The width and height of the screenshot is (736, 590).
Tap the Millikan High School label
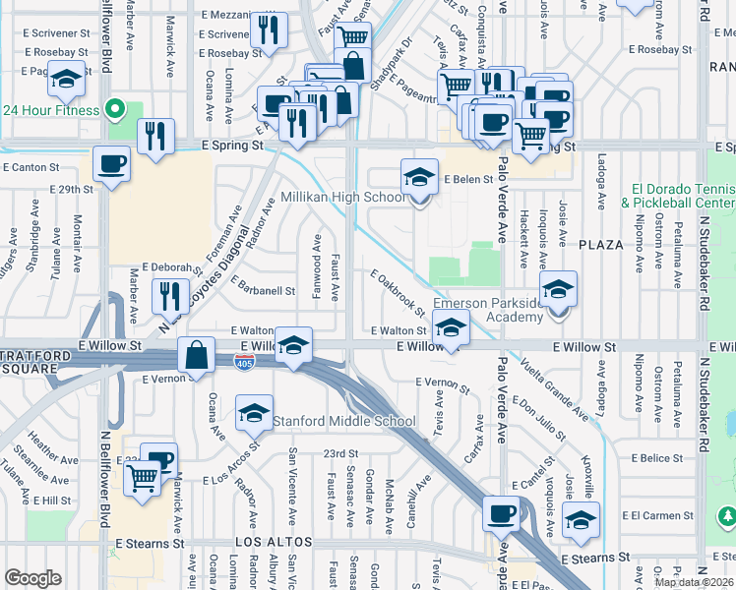click(x=343, y=198)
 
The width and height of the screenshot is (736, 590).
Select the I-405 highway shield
click(x=242, y=364)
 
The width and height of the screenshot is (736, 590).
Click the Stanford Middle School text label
click(x=343, y=422)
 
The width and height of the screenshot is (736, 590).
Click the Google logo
click(x=32, y=578)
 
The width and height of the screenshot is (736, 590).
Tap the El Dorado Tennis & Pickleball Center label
click(x=677, y=196)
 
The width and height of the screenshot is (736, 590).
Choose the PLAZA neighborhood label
click(x=601, y=244)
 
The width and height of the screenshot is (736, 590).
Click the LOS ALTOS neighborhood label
click(x=273, y=543)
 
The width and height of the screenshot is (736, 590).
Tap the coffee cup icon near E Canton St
click(x=112, y=164)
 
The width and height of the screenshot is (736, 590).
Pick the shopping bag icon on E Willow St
click(x=197, y=356)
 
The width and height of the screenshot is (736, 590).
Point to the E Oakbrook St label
click(x=398, y=293)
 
